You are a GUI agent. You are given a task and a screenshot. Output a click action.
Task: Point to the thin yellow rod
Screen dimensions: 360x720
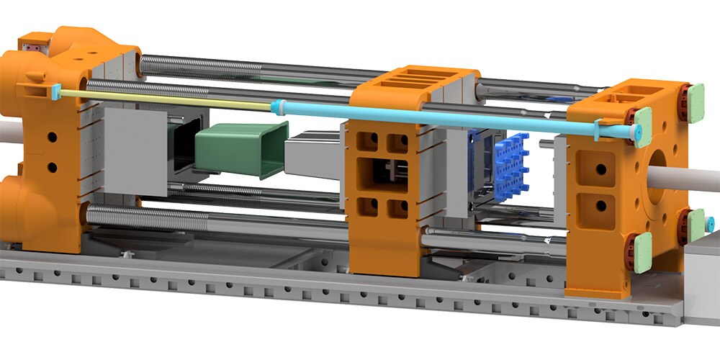(166, 100)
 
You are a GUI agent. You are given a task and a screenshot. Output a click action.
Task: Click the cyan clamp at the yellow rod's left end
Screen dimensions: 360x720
(55, 91)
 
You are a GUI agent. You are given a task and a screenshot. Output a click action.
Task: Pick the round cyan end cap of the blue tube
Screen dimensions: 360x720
(636, 133)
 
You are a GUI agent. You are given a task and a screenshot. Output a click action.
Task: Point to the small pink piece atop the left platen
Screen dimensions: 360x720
(31, 47)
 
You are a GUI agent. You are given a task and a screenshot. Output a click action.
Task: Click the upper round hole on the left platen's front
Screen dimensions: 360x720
(52, 136)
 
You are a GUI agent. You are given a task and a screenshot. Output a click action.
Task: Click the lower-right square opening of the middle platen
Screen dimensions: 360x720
(398, 209)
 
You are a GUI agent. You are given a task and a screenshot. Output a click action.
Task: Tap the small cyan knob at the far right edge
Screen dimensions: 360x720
(711, 225)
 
